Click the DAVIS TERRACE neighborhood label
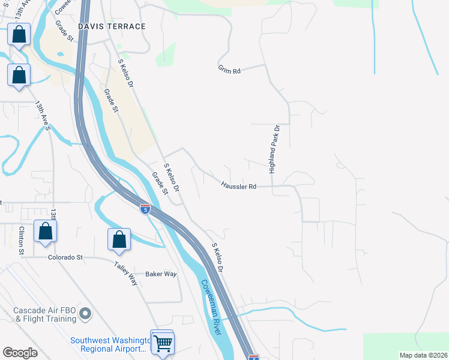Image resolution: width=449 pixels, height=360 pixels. (112, 26)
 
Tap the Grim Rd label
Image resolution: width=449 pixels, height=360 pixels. (229, 71)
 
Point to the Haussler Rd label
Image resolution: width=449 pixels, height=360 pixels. (238, 187)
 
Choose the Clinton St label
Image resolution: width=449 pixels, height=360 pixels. (21, 240)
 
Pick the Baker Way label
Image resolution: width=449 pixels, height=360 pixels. (161, 274)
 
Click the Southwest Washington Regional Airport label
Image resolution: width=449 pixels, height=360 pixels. (109, 344)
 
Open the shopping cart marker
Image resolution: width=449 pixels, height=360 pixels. (162, 344)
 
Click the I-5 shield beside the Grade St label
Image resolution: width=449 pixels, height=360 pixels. (145, 209)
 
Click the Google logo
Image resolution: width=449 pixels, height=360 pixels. (20, 352)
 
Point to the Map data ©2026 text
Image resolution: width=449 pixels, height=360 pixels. (423, 355)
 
